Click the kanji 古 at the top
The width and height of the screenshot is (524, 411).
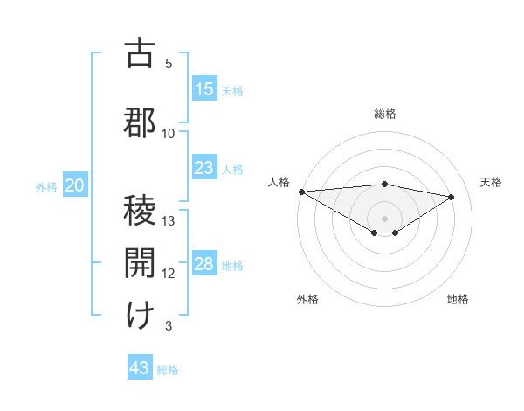(140, 53)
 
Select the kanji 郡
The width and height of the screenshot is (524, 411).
(140, 122)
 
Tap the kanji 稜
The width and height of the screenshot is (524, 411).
(140, 212)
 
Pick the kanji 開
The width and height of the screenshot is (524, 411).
(140, 263)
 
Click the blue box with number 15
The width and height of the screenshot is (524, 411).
(204, 89)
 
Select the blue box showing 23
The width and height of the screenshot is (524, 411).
(204, 168)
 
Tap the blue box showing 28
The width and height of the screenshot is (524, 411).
(204, 264)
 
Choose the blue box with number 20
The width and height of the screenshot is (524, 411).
(75, 185)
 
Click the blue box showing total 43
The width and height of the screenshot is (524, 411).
(140, 368)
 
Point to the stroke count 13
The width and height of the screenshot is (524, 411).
(169, 220)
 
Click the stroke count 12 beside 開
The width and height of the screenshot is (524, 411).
(169, 274)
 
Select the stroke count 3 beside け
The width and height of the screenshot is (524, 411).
(169, 326)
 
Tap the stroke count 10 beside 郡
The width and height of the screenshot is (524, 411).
(169, 134)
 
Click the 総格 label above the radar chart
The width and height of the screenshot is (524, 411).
(384, 114)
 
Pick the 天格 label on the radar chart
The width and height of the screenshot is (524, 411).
(491, 182)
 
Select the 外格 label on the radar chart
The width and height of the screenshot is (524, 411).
(307, 299)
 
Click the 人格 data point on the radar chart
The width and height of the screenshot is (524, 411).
(301, 192)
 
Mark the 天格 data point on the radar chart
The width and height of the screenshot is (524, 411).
(452, 196)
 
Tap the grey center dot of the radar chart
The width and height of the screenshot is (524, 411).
(384, 217)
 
